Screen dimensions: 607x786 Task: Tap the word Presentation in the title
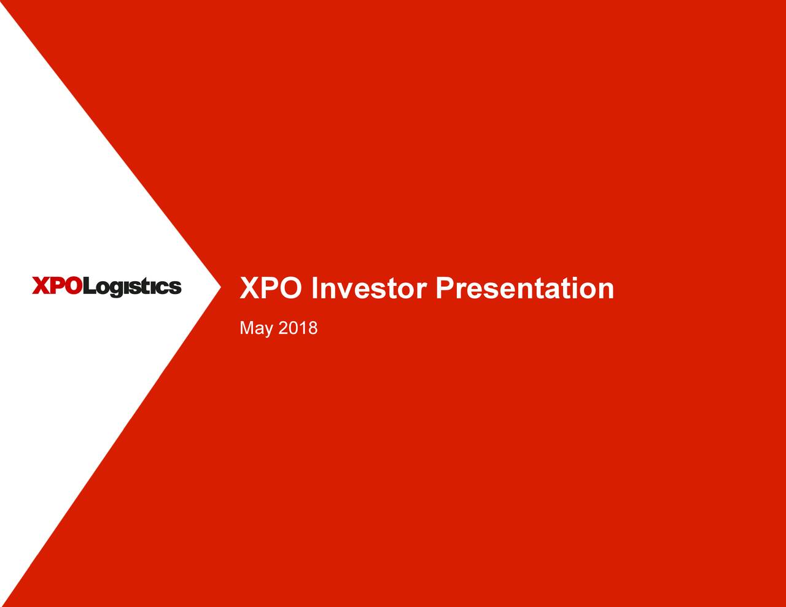coord(524,288)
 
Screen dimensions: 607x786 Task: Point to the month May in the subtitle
coord(256,329)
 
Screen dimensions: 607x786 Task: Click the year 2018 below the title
coord(298,328)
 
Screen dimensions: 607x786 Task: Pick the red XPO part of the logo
coord(56,286)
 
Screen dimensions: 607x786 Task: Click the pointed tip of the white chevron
coord(219,287)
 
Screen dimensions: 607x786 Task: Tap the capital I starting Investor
coord(315,288)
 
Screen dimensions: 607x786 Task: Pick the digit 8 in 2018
coord(313,328)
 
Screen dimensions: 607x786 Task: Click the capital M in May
coord(246,328)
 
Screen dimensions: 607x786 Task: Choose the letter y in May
coord(268,331)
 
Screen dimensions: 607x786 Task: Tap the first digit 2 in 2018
coord(283,328)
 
